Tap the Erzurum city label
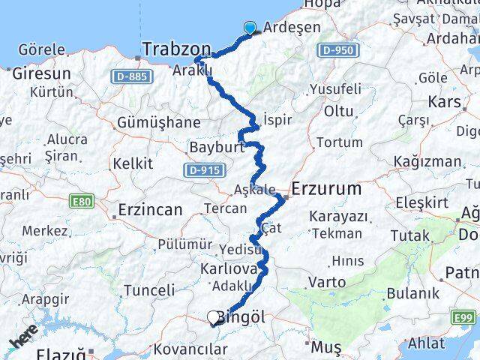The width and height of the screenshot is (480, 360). point(327,189)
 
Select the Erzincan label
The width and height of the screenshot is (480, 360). point(150,209)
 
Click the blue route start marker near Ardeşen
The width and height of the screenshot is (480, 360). point(250,28)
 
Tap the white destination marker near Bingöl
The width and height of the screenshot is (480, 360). point(214,318)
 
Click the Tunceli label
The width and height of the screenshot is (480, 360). point(148,289)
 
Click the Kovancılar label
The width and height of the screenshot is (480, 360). point(190,349)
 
